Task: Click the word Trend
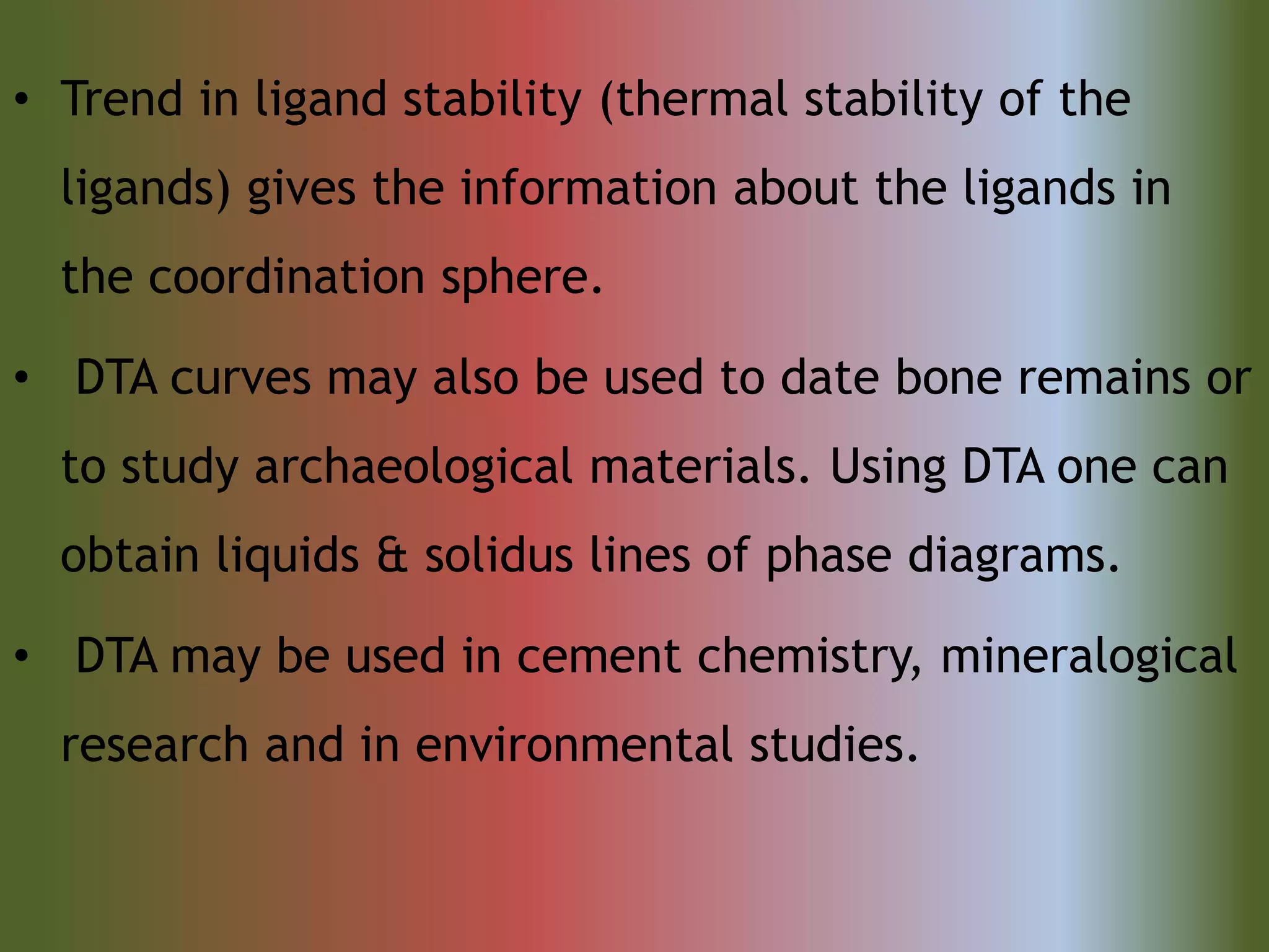click(x=122, y=99)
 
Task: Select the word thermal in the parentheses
click(x=701, y=99)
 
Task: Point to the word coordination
click(x=286, y=277)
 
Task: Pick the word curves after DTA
click(x=240, y=379)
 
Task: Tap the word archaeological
click(x=413, y=468)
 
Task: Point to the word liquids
click(x=288, y=556)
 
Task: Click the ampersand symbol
click(x=392, y=556)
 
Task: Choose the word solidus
click(x=498, y=555)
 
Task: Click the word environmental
click(x=574, y=745)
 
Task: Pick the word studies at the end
click(x=833, y=745)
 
